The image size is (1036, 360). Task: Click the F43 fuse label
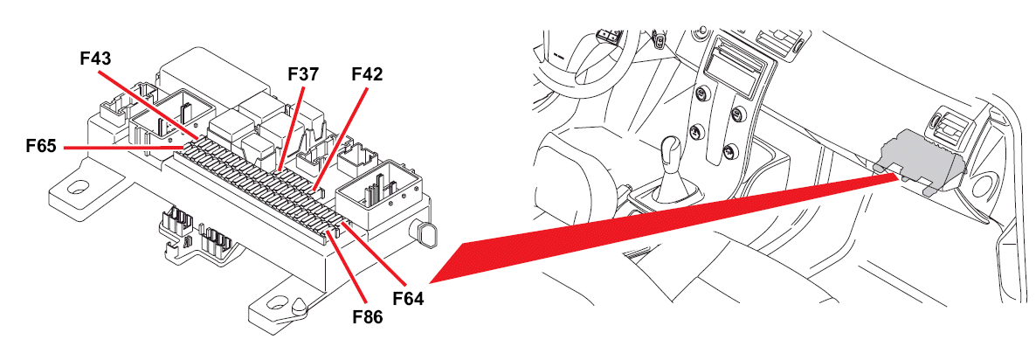pos(95,59)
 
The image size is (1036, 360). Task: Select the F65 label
pos(42,147)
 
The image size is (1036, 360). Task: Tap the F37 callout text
pos(303,74)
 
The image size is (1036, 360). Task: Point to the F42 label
pos(367,74)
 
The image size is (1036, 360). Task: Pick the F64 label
pos(408,299)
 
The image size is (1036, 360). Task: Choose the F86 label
pos(368,317)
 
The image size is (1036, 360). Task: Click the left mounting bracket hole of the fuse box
pos(77,189)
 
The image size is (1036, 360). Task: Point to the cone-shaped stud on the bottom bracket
pos(299,304)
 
